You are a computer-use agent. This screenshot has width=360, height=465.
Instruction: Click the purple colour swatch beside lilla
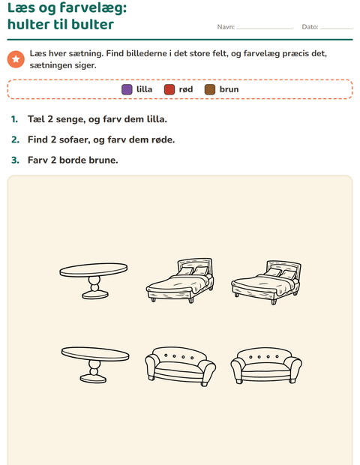coord(127,89)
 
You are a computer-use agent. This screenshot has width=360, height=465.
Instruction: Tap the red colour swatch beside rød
coord(169,89)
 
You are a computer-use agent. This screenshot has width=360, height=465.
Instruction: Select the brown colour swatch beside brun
coord(210,89)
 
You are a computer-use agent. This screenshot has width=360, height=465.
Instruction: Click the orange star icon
coord(16,59)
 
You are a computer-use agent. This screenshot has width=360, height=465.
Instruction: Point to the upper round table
coord(94,280)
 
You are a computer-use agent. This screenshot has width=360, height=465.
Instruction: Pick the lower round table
coord(95,364)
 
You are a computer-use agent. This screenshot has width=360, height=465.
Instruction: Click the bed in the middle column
coord(180,280)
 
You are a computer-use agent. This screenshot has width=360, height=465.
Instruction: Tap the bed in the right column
coord(266,282)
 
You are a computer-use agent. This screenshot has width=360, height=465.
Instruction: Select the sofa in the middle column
coord(180,367)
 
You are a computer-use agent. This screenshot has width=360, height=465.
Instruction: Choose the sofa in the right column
coord(266,366)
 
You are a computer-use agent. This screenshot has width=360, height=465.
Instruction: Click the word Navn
coord(226,27)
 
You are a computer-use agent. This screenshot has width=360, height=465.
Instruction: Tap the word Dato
coord(310,27)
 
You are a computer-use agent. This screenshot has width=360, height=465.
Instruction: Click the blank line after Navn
coord(265,28)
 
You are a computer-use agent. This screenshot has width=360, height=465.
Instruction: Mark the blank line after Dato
coord(337,28)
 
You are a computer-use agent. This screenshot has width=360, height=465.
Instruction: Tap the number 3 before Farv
coord(15,160)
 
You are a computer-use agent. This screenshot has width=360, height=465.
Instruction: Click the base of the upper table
coord(95,295)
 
